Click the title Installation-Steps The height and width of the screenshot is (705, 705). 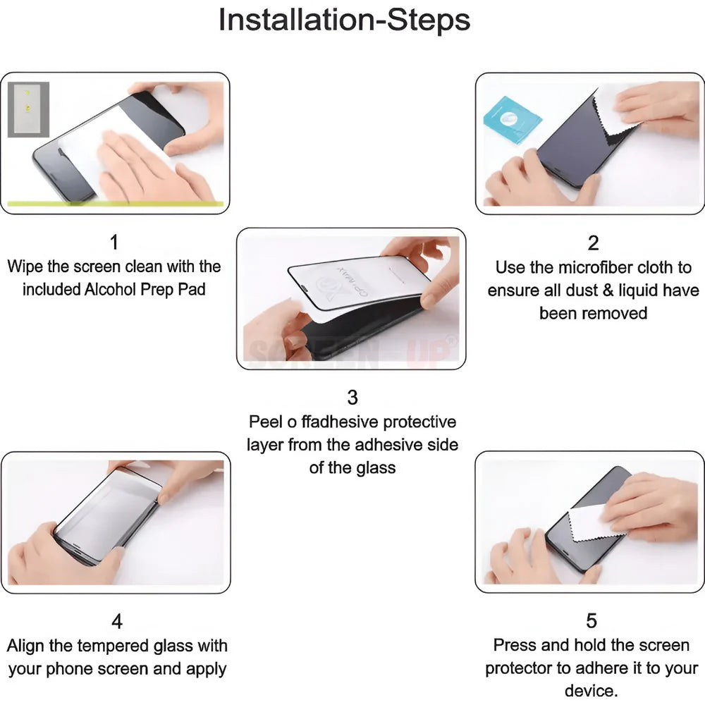pyautogui.click(x=344, y=20)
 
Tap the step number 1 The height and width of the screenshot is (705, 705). pyautogui.click(x=114, y=243)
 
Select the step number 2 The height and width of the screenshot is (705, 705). pyautogui.click(x=593, y=243)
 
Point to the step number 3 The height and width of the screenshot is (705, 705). pyautogui.click(x=352, y=398)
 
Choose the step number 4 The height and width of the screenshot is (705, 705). pyautogui.click(x=117, y=622)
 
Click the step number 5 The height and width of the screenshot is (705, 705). pyautogui.click(x=591, y=621)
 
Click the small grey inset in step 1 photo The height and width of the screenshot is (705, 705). pyautogui.click(x=28, y=109)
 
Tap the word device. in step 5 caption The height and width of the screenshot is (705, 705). pyautogui.click(x=591, y=691)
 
